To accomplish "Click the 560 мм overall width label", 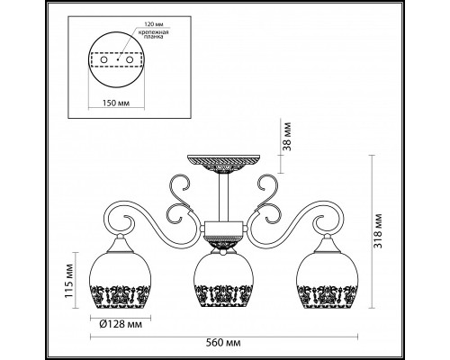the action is pyautogui.click(x=223, y=343).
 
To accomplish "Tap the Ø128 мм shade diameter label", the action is pyautogui.click(x=121, y=324).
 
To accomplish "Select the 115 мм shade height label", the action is pyautogui.click(x=69, y=280).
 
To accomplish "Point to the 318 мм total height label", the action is pyautogui.click(x=378, y=230).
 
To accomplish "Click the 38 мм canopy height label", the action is pyautogui.click(x=287, y=136).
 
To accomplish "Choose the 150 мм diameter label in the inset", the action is pyautogui.click(x=116, y=103).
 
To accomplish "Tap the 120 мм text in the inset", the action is pyautogui.click(x=153, y=24).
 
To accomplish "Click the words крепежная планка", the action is pyautogui.click(x=153, y=34).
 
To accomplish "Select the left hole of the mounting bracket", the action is pyautogui.click(x=104, y=59).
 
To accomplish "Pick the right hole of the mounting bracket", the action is pyautogui.click(x=130, y=59).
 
